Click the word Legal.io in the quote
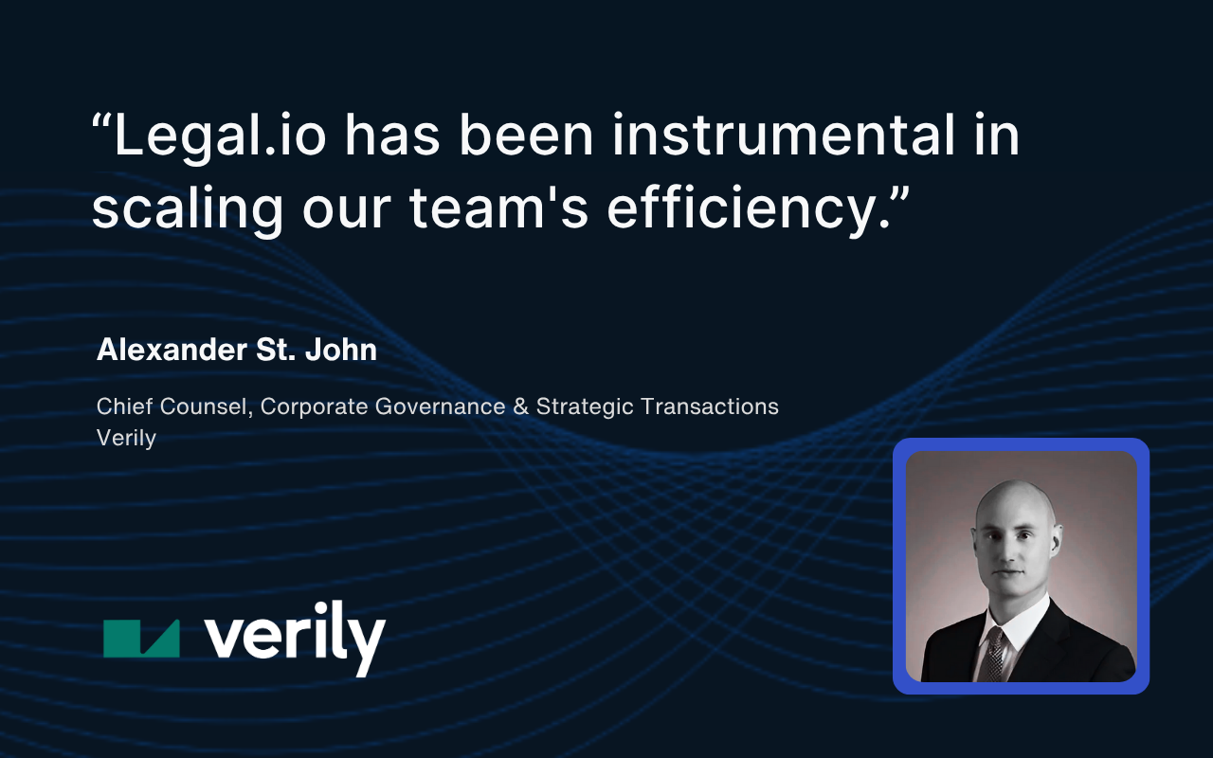point(220,136)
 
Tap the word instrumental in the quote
point(783,135)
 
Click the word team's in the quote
point(498,208)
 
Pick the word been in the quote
point(526,135)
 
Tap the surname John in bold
point(341,350)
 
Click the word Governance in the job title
point(441,406)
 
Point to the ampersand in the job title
point(520,406)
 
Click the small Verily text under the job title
point(126,438)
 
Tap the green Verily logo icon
point(141,639)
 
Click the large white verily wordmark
point(295,638)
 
